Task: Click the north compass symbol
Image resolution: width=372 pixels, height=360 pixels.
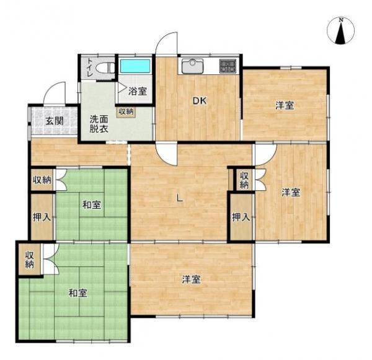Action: (x=340, y=31)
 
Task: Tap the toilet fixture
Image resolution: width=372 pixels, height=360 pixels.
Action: (x=104, y=68)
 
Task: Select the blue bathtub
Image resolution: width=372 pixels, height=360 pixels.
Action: (x=135, y=66)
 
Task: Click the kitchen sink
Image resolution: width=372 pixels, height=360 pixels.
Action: (x=193, y=66)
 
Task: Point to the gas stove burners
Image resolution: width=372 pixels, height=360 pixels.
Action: (x=228, y=66)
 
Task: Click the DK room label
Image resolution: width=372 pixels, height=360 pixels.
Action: (x=200, y=101)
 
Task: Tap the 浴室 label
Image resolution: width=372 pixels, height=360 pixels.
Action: (x=138, y=91)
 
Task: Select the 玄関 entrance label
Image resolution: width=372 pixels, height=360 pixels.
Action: (x=55, y=121)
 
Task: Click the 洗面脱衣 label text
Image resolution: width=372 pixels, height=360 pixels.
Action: (x=99, y=124)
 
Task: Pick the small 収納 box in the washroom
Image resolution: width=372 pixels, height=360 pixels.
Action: (x=126, y=112)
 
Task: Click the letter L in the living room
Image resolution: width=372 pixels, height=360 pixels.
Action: (x=180, y=198)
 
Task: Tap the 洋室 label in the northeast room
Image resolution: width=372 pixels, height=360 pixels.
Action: (x=285, y=105)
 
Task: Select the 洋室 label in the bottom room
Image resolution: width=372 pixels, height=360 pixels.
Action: (x=191, y=279)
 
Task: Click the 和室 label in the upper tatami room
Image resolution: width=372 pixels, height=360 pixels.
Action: (x=92, y=205)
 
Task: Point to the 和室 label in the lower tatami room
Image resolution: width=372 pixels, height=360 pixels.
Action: (x=78, y=293)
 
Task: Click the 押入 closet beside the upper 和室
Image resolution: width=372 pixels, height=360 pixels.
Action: (x=42, y=217)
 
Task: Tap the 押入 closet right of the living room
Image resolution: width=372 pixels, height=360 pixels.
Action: (x=241, y=217)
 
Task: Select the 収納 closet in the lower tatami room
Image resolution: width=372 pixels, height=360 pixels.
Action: (x=30, y=260)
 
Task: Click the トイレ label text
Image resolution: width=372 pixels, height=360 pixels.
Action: (x=90, y=67)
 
